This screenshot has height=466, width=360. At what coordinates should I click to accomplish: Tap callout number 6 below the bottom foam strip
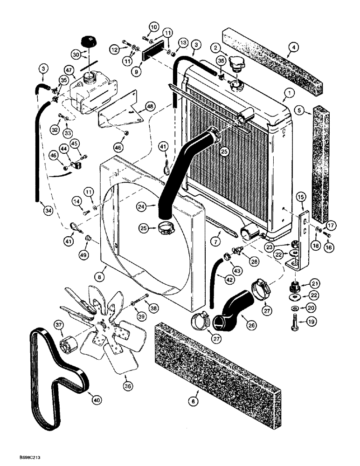tap(194, 400)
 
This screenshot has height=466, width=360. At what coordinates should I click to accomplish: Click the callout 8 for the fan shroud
tap(99, 276)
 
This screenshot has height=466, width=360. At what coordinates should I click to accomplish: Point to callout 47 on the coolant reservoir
tap(70, 70)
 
